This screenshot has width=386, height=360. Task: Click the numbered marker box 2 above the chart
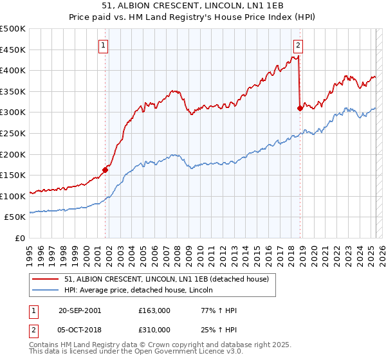pos(299,45)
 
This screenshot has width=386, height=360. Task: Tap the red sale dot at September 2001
pos(105,170)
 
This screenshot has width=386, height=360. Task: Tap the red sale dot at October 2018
pos(300,108)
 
